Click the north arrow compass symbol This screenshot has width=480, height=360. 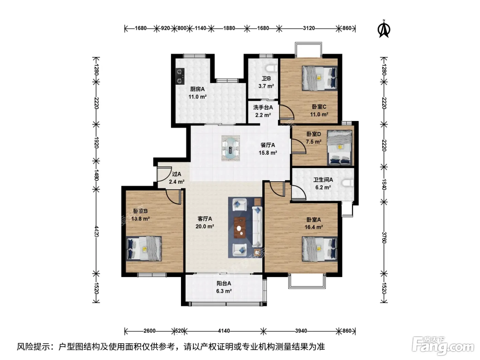pyautogui.click(x=384, y=29)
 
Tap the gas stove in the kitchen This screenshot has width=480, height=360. pyautogui.click(x=180, y=76)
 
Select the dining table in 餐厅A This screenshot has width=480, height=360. pyautogui.click(x=230, y=148)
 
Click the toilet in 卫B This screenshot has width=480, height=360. pyautogui.click(x=272, y=68)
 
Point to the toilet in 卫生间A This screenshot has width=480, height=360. pyautogui.click(x=348, y=183)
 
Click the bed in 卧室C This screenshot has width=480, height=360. pyautogui.click(x=320, y=79)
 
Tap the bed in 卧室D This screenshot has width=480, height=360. pyautogui.click(x=340, y=148)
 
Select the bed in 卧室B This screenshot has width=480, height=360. pyautogui.click(x=144, y=248)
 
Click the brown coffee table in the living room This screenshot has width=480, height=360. pyautogui.click(x=240, y=228)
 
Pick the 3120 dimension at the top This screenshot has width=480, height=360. pyautogui.click(x=309, y=28)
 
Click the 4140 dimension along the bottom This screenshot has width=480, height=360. pyautogui.click(x=224, y=331)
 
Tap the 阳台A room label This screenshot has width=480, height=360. pyautogui.click(x=224, y=284)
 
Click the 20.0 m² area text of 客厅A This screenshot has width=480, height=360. pyautogui.click(x=205, y=226)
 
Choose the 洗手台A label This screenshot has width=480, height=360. pyautogui.click(x=263, y=107)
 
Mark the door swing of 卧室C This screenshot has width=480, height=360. pyautogui.click(x=287, y=112)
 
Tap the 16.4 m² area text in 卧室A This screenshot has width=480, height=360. pyautogui.click(x=314, y=227)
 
